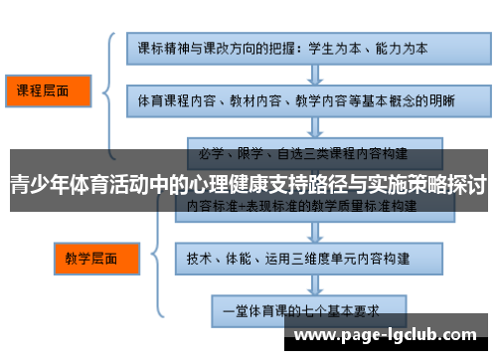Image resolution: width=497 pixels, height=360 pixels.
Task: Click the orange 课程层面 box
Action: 49,91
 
